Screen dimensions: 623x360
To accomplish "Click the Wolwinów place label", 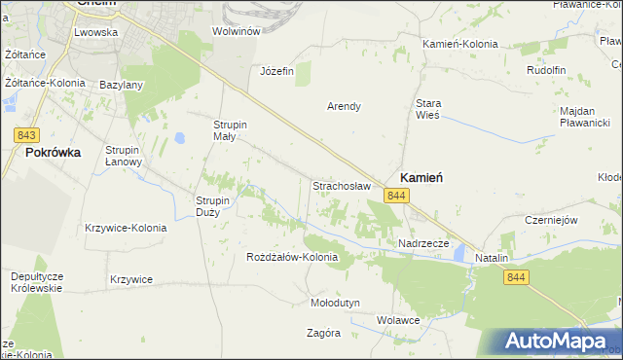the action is pyautogui.click(x=236, y=31).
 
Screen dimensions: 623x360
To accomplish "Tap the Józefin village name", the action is pyautogui.click(x=276, y=71).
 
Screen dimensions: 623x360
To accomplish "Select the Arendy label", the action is pyautogui.click(x=345, y=106).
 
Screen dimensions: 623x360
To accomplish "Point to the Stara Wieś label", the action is pyautogui.click(x=428, y=108).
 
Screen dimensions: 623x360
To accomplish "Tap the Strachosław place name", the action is pyautogui.click(x=340, y=185).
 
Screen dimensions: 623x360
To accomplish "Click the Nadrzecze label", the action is pyautogui.click(x=423, y=243).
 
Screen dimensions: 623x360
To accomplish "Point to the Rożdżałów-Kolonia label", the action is pyautogui.click(x=292, y=258).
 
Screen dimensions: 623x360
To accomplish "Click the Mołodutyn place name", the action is pyautogui.click(x=334, y=303).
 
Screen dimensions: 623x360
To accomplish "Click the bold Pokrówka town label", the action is pyautogui.click(x=53, y=153).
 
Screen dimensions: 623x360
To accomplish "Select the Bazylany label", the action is pyautogui.click(x=121, y=85).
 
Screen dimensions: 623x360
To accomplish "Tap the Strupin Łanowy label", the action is pyautogui.click(x=125, y=156).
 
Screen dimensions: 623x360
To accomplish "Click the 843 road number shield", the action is pyautogui.click(x=27, y=134).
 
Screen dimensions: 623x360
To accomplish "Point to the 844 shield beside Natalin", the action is pyautogui.click(x=517, y=278).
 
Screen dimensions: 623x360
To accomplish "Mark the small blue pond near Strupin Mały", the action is pyautogui.click(x=180, y=138).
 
